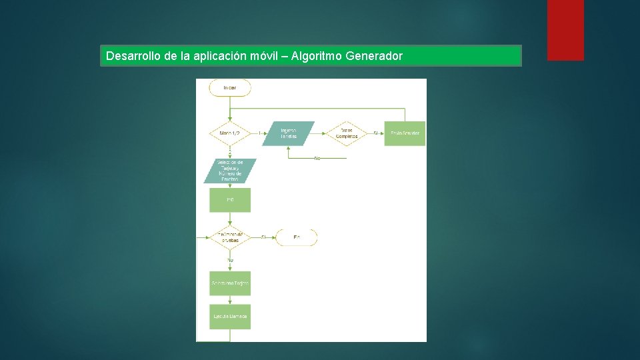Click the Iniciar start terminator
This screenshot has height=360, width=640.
pyautogui.click(x=230, y=88)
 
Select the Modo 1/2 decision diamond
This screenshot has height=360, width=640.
pyautogui.click(x=230, y=133)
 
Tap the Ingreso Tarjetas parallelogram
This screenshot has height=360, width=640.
pyautogui.click(x=288, y=133)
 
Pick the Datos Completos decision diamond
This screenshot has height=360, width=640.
pyautogui.click(x=347, y=133)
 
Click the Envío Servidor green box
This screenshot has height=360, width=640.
pyautogui.click(x=405, y=133)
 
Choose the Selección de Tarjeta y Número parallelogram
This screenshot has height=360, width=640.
pyautogui.click(x=230, y=171)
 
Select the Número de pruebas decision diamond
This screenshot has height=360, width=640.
pyautogui.click(x=230, y=237)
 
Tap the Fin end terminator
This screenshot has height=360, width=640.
pyautogui.click(x=297, y=237)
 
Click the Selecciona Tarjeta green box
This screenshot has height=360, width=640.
pyautogui.click(x=230, y=283)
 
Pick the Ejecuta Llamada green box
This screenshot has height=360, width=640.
pyautogui.click(x=230, y=316)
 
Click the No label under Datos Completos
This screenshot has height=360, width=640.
pyautogui.click(x=317, y=158)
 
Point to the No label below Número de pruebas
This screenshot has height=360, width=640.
pyautogui.click(x=230, y=259)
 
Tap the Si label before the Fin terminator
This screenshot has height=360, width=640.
pyautogui.click(x=263, y=237)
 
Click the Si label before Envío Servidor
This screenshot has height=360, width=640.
pyautogui.click(x=375, y=133)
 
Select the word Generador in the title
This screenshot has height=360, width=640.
pyautogui.click(x=374, y=56)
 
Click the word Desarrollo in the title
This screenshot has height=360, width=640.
pyautogui.click(x=133, y=56)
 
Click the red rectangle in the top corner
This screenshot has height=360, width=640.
pyautogui.click(x=565, y=30)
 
